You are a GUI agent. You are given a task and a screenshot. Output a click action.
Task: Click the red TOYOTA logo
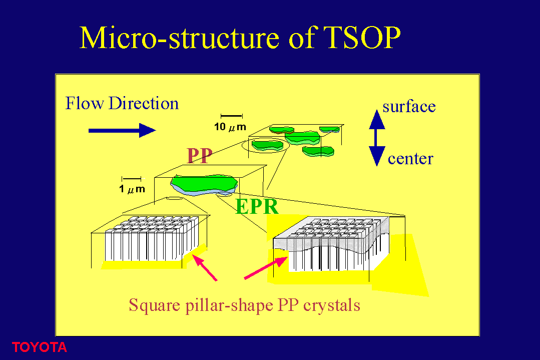pyautogui.click(x=39, y=347)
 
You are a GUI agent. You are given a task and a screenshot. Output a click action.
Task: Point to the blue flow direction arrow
pyautogui.click(x=122, y=130)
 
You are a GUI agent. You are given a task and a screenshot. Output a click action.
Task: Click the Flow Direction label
pyautogui.click(x=122, y=103)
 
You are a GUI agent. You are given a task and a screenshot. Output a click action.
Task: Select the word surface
pyautogui.click(x=409, y=107)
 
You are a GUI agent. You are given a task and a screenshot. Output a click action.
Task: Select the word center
pyautogui.click(x=410, y=159)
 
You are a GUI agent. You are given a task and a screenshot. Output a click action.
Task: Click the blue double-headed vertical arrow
pyautogui.click(x=377, y=138)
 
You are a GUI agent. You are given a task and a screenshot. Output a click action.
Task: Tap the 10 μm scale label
pyautogui.click(x=230, y=127)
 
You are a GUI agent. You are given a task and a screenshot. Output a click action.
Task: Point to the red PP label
pyautogui.click(x=199, y=156)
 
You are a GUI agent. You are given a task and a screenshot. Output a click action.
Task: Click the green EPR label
pyautogui.click(x=257, y=207)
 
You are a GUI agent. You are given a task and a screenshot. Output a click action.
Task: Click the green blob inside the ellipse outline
pyautogui.click(x=267, y=145)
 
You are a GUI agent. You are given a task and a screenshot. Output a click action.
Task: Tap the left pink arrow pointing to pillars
pyautogui.click(x=205, y=268)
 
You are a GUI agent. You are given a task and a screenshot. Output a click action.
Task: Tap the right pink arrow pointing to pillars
pyautogui.click(x=266, y=268)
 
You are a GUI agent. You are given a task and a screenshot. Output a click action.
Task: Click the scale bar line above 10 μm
pyautogui.click(x=232, y=116)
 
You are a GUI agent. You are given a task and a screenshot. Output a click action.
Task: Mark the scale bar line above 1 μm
pyautogui.click(x=132, y=178)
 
